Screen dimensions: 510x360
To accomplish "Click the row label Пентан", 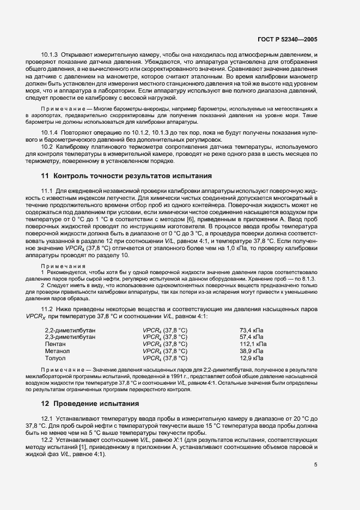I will pyautogui.click(x=55, y=344).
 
